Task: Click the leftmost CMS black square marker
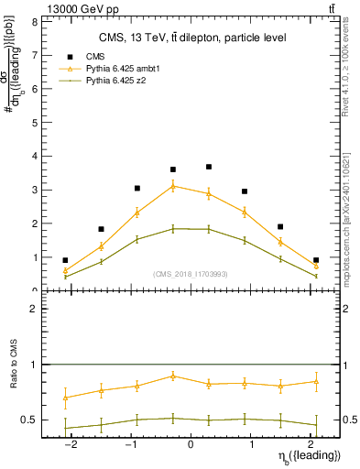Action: pos(65,260)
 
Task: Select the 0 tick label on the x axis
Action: pos(191,445)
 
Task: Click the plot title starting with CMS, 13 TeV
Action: pos(192,38)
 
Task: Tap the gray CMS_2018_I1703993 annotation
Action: pos(192,274)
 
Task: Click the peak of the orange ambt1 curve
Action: pos(173,186)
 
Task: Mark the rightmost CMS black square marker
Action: pos(316,260)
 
